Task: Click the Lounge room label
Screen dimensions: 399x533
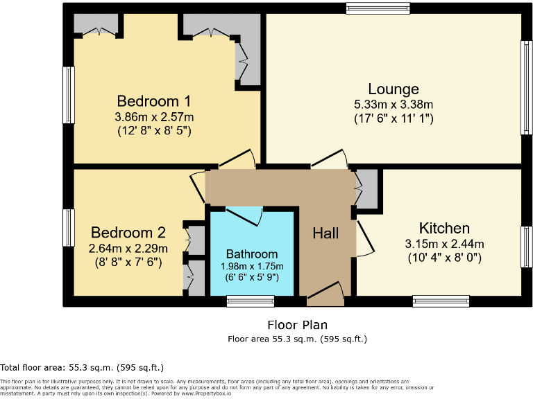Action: (393, 89)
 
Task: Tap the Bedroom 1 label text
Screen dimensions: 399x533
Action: (153, 100)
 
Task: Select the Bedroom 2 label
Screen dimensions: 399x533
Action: (128, 232)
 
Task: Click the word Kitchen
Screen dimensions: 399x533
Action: (444, 228)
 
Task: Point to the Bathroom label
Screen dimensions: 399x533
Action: (252, 254)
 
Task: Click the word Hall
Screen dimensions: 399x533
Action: (325, 233)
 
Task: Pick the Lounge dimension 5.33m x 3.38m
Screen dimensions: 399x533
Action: (393, 105)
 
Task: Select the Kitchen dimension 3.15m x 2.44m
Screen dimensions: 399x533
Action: (444, 244)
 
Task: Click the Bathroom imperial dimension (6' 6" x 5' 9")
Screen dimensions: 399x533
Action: (252, 276)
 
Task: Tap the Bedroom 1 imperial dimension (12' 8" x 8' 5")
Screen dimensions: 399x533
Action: (153, 130)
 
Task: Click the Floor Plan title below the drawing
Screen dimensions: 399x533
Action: (297, 324)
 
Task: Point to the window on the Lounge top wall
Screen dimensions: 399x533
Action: (378, 8)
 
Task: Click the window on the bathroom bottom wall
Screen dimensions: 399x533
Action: (251, 301)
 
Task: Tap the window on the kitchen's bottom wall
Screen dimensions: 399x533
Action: (441, 301)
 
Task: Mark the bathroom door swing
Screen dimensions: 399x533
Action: (244, 215)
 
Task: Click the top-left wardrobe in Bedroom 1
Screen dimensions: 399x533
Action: (99, 26)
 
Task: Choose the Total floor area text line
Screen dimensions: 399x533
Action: (82, 367)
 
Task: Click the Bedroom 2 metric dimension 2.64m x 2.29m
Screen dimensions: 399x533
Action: (128, 249)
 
